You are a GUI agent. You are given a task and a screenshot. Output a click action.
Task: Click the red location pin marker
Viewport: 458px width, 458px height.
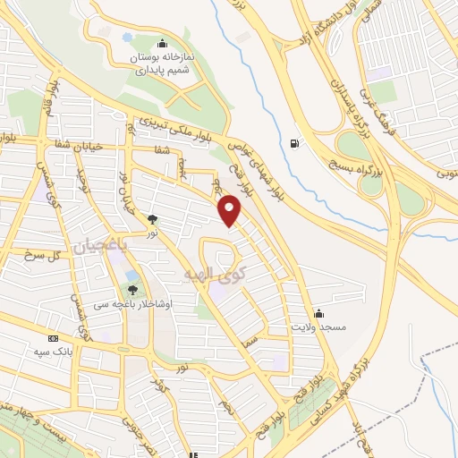[232, 211]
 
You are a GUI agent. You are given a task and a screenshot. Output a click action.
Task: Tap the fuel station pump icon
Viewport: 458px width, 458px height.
[294, 143]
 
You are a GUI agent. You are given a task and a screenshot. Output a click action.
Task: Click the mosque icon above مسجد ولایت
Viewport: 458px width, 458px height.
[319, 314]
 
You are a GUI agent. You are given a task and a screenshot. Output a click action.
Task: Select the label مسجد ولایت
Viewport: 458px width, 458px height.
[314, 327]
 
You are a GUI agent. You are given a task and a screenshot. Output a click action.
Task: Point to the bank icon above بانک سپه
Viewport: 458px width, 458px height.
[54, 339]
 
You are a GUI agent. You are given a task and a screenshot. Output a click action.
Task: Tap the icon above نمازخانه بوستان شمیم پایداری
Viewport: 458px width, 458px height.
[162, 43]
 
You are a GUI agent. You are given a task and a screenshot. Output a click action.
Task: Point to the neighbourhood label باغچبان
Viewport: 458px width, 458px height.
[101, 244]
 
